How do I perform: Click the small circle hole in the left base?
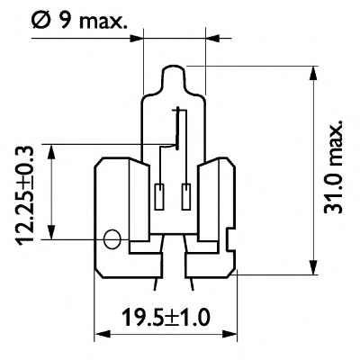[x=112, y=239]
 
